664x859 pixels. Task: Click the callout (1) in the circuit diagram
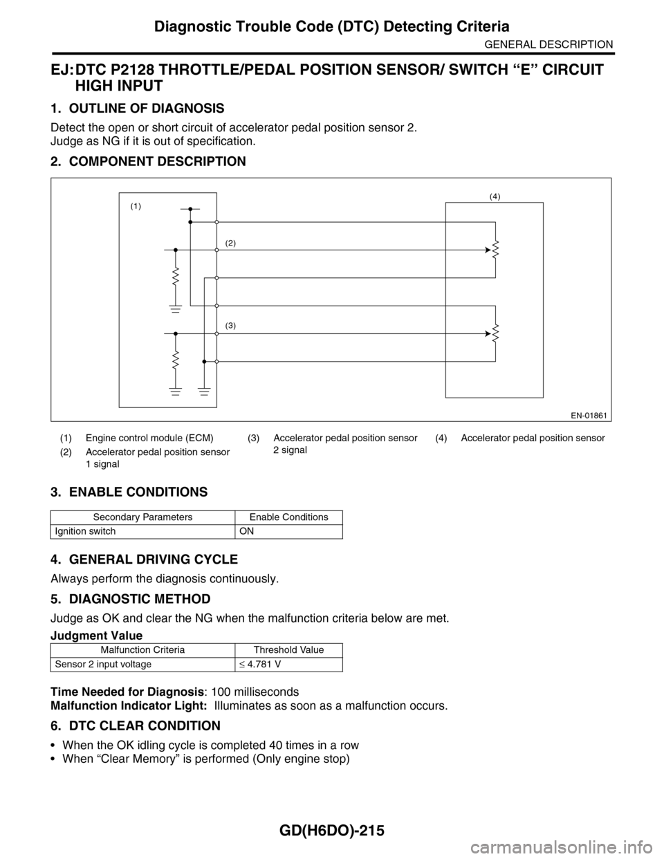(x=136, y=206)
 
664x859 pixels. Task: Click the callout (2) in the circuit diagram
(x=230, y=243)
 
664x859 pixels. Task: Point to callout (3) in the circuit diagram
(x=230, y=324)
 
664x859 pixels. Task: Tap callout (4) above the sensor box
(x=495, y=196)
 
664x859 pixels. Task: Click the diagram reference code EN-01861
(x=589, y=414)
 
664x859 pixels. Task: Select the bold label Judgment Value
(x=97, y=635)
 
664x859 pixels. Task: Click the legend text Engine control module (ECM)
(x=149, y=438)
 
